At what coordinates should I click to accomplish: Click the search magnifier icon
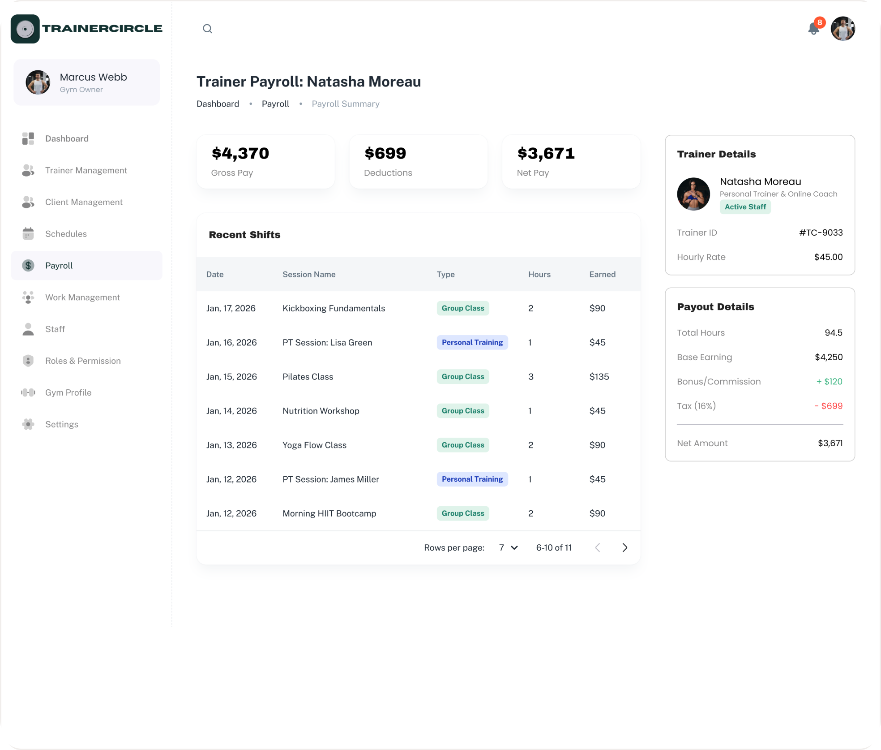(207, 29)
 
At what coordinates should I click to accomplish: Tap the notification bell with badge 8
(814, 28)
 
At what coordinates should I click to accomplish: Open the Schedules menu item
(66, 234)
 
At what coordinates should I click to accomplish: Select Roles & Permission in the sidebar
(83, 361)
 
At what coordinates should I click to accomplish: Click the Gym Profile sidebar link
(68, 392)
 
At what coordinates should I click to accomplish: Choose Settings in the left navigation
(62, 424)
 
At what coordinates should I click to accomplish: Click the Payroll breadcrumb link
(275, 104)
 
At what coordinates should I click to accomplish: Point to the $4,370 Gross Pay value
(240, 153)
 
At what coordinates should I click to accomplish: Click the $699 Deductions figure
(385, 153)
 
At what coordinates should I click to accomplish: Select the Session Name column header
(309, 274)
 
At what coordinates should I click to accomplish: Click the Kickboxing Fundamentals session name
(334, 308)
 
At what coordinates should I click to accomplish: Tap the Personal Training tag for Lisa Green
(472, 342)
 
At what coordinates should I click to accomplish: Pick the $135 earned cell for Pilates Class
(599, 377)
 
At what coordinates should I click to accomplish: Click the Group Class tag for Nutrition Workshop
(463, 411)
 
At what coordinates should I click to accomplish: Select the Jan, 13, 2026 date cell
(231, 445)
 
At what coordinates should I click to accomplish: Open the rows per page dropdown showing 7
(508, 547)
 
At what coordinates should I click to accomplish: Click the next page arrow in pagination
(625, 547)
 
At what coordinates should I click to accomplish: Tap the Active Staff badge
(745, 207)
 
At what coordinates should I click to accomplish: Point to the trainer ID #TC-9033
(821, 233)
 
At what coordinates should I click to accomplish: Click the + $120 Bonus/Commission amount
(829, 382)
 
